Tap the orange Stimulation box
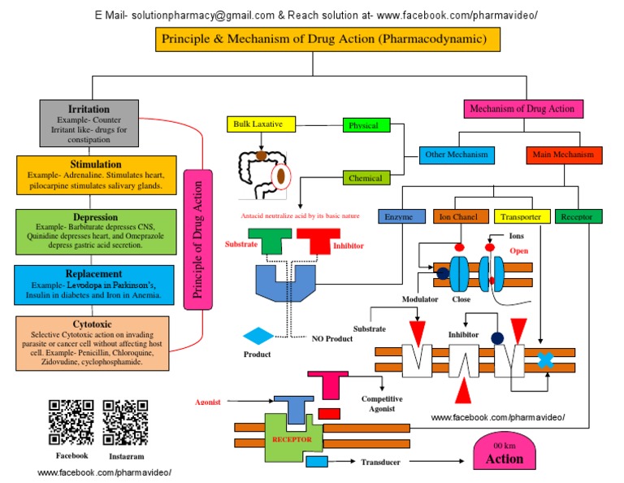pyautogui.click(x=95, y=174)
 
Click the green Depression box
pyautogui.click(x=95, y=231)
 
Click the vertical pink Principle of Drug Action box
pyautogui.click(x=197, y=239)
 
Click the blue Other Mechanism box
pyautogui.click(x=457, y=154)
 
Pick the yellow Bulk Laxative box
pyautogui.click(x=260, y=124)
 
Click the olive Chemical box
pyautogui.click(x=366, y=178)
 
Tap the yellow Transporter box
pyautogui.click(x=520, y=216)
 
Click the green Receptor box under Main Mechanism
pyautogui.click(x=578, y=216)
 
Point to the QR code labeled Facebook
pyautogui.click(x=71, y=423)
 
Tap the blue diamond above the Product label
pyautogui.click(x=258, y=336)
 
